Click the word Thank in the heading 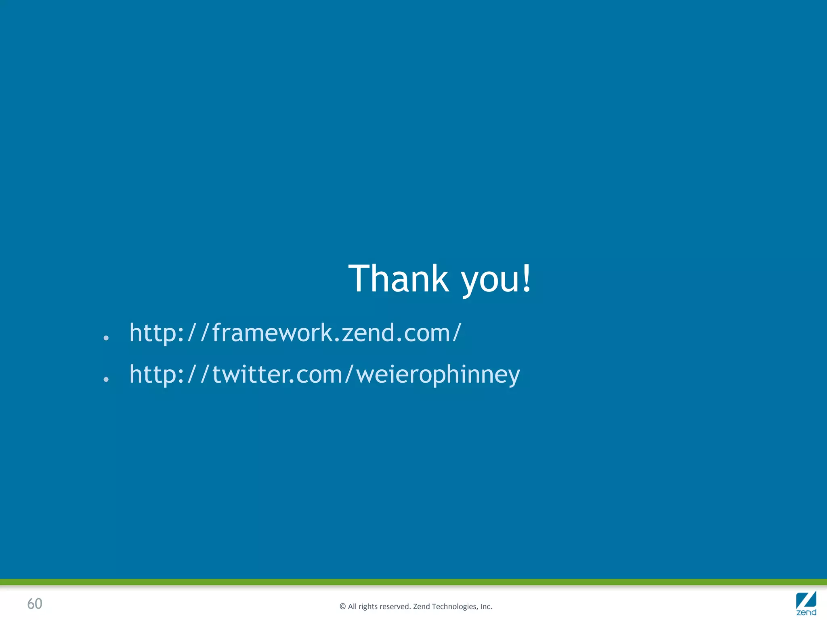click(399, 279)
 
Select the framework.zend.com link click(295, 333)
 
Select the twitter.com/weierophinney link click(324, 375)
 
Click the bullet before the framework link click(106, 338)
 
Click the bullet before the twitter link click(106, 379)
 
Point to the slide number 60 click(35, 604)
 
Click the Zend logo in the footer click(806, 603)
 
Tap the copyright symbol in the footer click(343, 607)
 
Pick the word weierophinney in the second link click(438, 375)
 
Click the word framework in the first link click(272, 333)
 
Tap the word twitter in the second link click(250, 375)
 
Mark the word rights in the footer click(368, 607)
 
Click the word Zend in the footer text click(422, 607)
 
